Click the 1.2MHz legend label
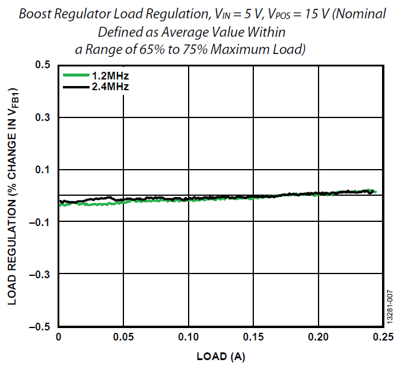(x=110, y=76)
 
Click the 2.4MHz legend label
(x=110, y=87)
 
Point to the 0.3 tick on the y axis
(x=43, y=117)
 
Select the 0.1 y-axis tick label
(x=43, y=170)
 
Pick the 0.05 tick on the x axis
(x=123, y=339)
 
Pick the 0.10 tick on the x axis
(x=189, y=339)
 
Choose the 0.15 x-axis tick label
(x=254, y=339)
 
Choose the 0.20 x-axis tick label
(x=319, y=339)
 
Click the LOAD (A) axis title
(x=221, y=357)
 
